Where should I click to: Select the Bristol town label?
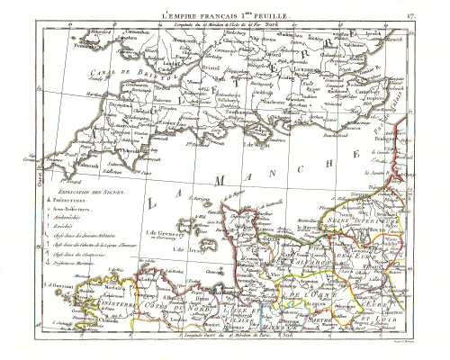pyautogui.click(x=209, y=67)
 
